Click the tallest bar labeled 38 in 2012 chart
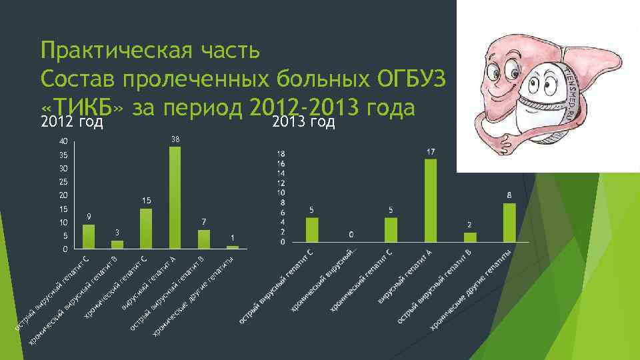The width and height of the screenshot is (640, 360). [175, 197]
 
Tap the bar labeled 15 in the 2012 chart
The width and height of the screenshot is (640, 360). [146, 229]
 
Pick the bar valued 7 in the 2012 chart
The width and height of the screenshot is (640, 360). [204, 239]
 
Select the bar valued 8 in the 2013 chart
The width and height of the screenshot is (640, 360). [509, 223]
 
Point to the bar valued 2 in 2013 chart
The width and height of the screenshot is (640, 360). [470, 237]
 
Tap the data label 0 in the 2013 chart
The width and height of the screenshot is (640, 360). [351, 235]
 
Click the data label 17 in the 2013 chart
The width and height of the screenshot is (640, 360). [431, 153]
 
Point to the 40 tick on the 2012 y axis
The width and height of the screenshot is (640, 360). [63, 141]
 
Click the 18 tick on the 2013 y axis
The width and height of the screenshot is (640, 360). [281, 154]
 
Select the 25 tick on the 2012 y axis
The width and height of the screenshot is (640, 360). [63, 182]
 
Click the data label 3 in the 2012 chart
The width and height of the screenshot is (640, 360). [117, 232]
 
